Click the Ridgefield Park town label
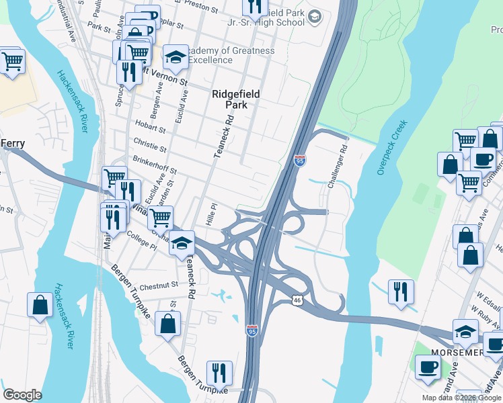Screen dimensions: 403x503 [236, 100]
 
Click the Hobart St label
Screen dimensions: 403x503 [149, 128]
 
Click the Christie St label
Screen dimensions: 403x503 [150, 146]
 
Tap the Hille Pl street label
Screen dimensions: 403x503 [209, 216]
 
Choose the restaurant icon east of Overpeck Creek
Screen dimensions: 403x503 [401, 292]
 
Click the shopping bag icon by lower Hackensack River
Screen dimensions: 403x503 [40, 304]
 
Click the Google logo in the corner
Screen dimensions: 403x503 [23, 395]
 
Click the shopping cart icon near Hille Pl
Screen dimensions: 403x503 [160, 217]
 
